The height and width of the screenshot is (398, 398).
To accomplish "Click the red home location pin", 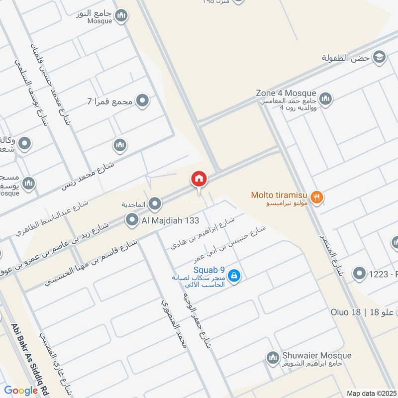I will click(x=199, y=179).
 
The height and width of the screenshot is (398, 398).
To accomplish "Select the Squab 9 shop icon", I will click(x=235, y=276).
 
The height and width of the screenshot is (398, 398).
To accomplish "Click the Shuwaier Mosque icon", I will click(x=272, y=357).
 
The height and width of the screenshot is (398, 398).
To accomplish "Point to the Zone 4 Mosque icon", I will click(x=326, y=98).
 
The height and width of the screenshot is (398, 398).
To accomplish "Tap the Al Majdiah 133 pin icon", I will click(x=132, y=219).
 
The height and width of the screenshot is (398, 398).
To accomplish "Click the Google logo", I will click(x=21, y=391).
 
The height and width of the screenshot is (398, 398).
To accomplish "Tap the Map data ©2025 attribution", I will click(x=371, y=393).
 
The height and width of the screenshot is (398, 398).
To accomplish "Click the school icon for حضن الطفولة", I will click(x=380, y=57).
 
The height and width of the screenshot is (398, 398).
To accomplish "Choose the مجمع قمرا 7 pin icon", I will click(x=143, y=101).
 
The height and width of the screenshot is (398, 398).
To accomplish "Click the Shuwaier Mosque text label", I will click(x=316, y=355).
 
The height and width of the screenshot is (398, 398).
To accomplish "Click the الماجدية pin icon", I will click(x=155, y=203).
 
